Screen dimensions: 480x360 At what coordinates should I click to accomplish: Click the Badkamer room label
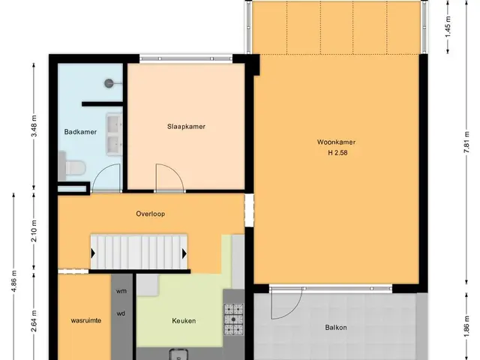click(x=80, y=132)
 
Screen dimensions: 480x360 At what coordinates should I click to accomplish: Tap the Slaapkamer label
click(x=186, y=127)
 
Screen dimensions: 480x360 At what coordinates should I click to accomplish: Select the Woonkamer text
click(x=336, y=142)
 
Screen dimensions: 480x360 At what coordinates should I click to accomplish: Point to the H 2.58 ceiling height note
click(x=337, y=153)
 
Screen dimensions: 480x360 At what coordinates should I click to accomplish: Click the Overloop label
click(x=150, y=214)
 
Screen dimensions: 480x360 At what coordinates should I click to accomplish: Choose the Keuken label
click(x=184, y=321)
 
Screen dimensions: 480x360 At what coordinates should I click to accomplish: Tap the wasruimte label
click(x=86, y=321)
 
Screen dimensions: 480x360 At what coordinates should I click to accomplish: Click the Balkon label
click(x=336, y=328)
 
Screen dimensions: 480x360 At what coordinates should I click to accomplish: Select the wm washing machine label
click(x=121, y=291)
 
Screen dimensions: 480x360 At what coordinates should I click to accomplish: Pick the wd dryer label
click(x=121, y=313)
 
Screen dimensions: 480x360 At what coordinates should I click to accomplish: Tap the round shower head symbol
click(x=109, y=83)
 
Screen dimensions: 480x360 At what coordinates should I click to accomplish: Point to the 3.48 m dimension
click(x=34, y=126)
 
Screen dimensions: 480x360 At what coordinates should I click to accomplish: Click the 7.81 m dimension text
click(x=466, y=142)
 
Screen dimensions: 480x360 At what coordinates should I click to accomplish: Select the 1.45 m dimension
click(x=448, y=27)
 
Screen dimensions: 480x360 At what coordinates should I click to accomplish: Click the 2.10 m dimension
click(x=34, y=231)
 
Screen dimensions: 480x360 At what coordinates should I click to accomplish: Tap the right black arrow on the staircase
click(x=184, y=253)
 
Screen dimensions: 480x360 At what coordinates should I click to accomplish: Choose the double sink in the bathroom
click(x=114, y=134)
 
